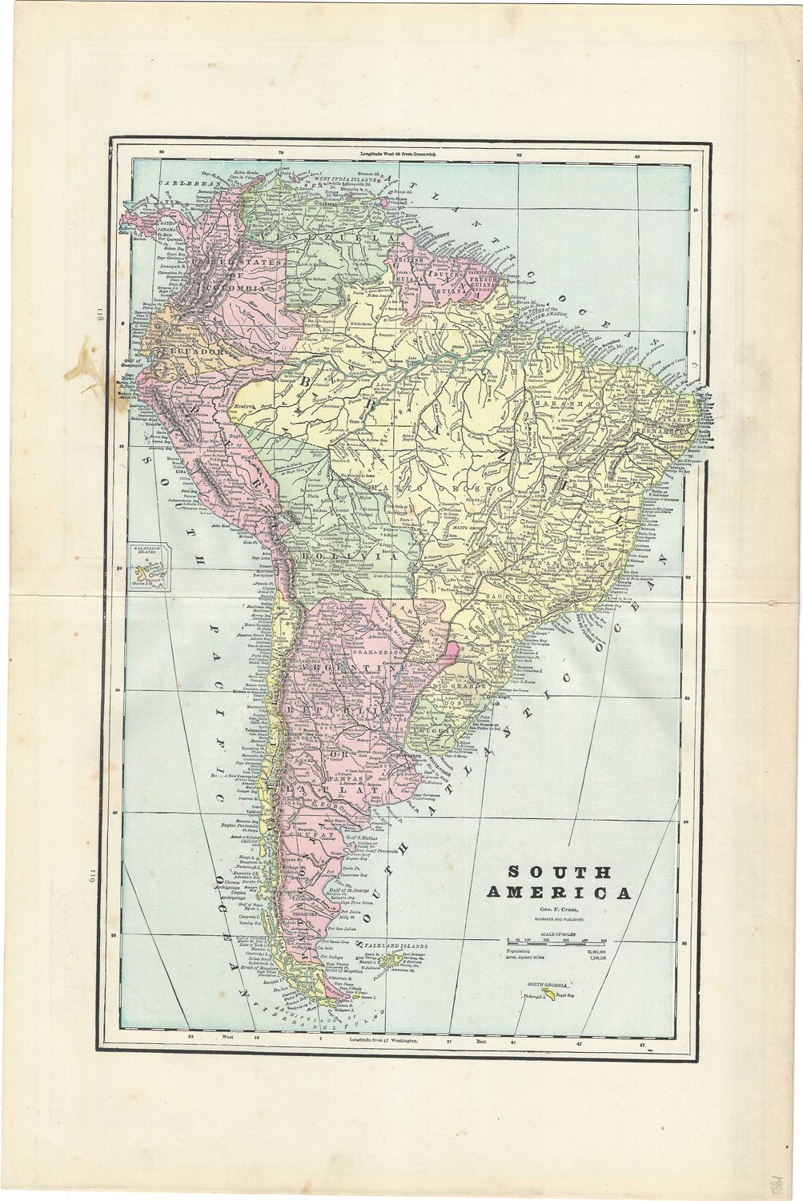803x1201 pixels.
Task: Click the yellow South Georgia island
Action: [x=547, y=994]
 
